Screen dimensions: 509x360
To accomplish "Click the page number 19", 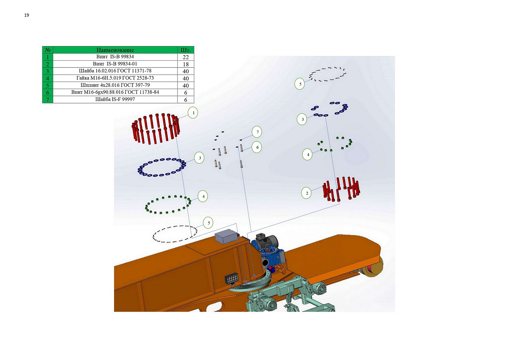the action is (x=27, y=15).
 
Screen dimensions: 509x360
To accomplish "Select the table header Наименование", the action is (x=115, y=50).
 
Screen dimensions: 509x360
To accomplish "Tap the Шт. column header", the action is (x=186, y=50).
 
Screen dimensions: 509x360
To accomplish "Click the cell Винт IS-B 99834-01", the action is (x=115, y=64).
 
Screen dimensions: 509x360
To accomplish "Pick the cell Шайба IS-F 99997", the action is (x=115, y=99).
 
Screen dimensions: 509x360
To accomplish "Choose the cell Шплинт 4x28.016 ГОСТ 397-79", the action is (x=115, y=85).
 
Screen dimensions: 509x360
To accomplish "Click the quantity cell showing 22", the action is (x=186, y=57).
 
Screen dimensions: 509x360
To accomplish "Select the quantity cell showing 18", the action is (x=186, y=64).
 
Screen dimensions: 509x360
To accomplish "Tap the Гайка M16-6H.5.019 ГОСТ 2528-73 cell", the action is (x=115, y=78).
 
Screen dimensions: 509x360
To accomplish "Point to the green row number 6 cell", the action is (x=48, y=92).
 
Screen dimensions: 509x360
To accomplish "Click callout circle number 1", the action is (x=193, y=113).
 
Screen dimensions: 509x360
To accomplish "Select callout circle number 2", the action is (x=306, y=193).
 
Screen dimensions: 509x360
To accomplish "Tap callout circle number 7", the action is (x=257, y=132).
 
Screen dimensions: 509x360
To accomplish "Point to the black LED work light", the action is (x=231, y=278).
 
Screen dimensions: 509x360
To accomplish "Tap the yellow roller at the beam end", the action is (x=373, y=267).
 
